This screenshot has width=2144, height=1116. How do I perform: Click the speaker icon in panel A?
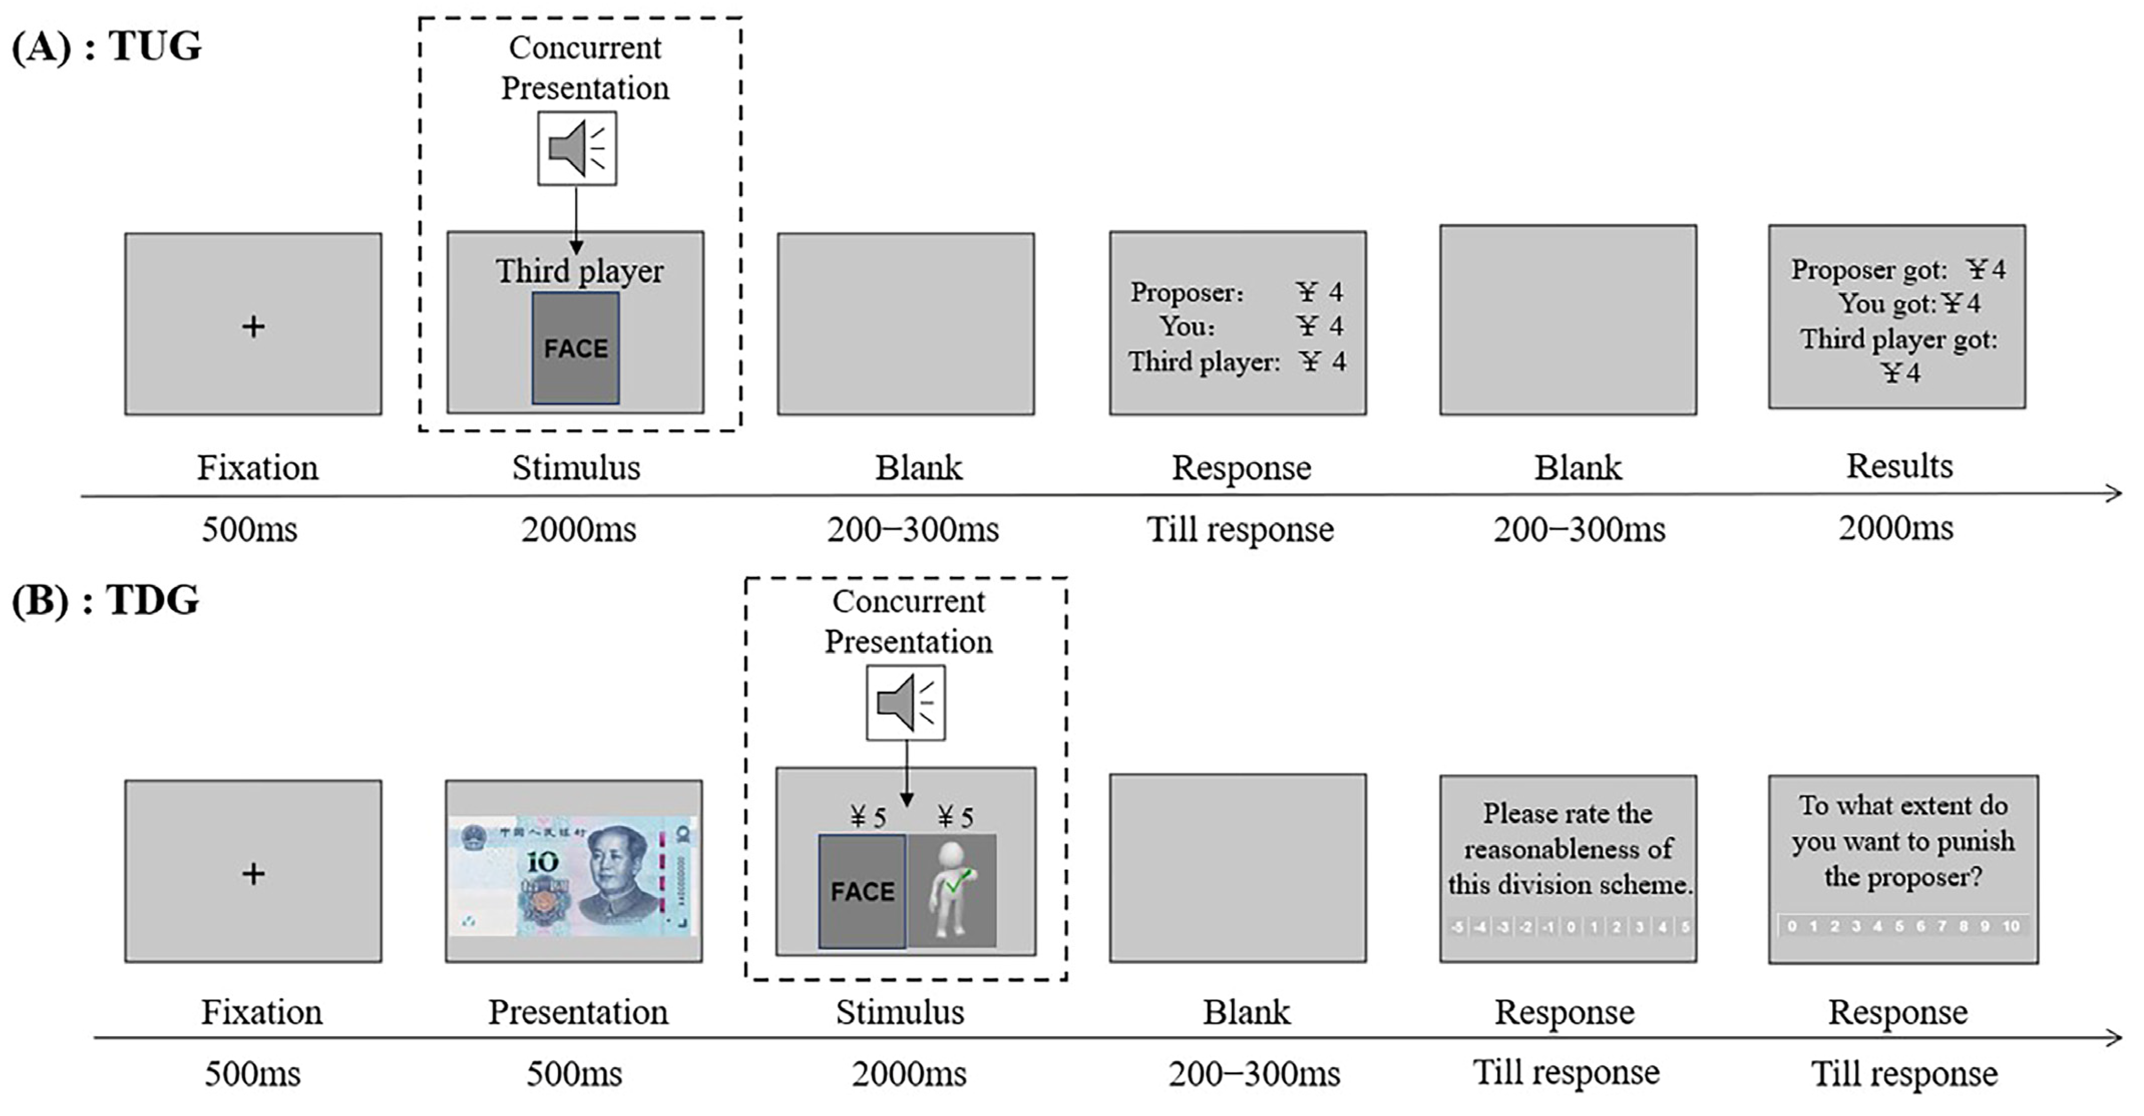[577, 148]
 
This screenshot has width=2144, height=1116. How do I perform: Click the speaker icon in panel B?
[905, 702]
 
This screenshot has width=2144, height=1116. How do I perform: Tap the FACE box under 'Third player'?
[576, 348]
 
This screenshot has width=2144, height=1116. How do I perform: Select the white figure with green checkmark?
[952, 890]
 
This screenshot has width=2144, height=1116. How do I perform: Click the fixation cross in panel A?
[253, 326]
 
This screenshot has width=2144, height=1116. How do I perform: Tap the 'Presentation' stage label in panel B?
[577, 1012]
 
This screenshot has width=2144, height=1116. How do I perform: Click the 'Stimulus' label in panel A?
[576, 468]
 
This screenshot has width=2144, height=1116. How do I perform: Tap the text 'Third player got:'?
[1898, 339]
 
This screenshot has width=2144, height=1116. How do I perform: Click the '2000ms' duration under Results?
[1896, 527]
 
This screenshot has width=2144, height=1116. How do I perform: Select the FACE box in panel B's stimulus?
[862, 891]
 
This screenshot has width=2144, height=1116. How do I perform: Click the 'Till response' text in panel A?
[1240, 529]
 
